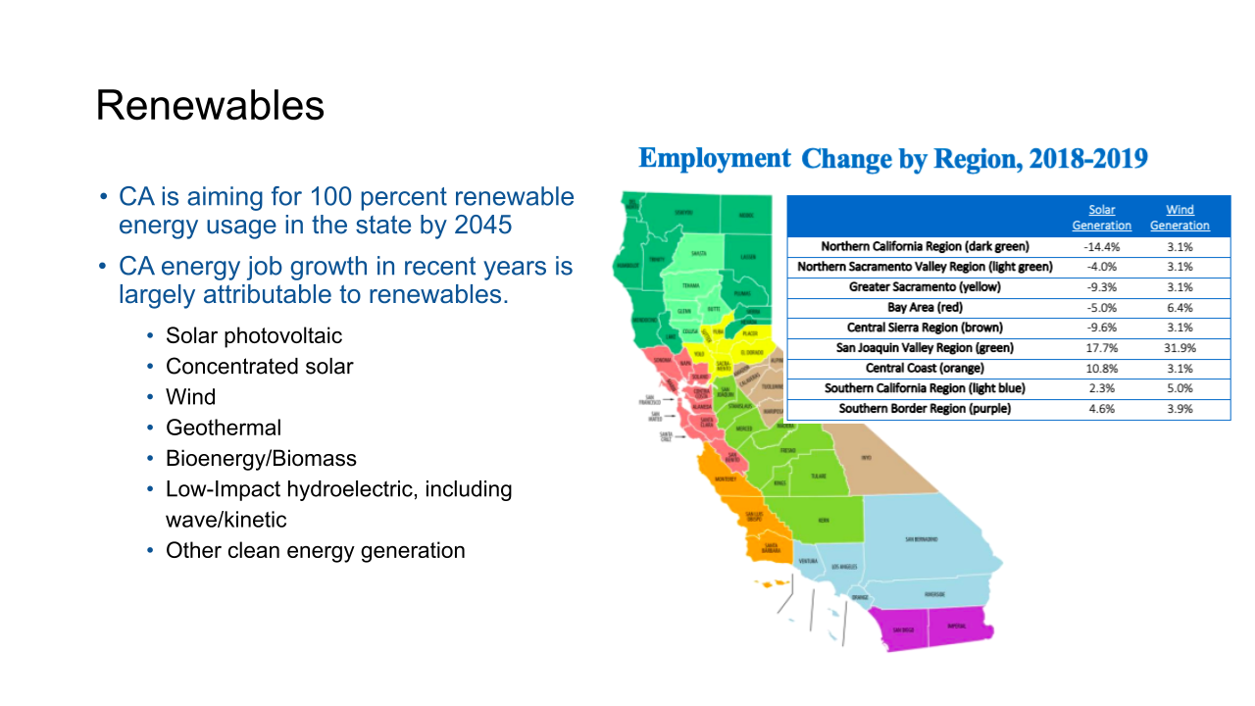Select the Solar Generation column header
1101,218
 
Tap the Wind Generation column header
1180,218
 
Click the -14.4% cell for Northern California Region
1101,247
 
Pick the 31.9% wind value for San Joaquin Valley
1180,348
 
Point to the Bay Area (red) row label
925,308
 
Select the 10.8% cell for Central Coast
1101,369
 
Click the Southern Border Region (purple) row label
925,409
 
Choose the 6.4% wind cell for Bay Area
1180,308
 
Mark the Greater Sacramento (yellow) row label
925,287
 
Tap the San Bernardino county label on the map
921,539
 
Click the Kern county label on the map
824,521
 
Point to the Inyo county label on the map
866,458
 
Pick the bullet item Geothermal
223,428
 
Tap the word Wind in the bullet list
190,397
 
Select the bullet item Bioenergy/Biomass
261,458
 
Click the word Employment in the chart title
714,159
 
